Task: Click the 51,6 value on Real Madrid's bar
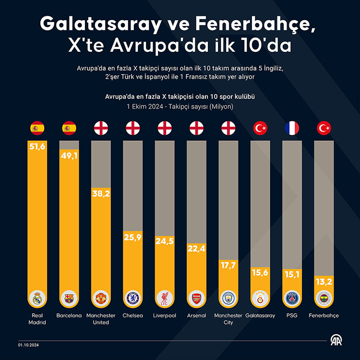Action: [37, 147]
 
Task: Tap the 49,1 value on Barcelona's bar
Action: [69, 156]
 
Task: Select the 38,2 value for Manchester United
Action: [101, 193]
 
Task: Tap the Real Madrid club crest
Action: [37, 299]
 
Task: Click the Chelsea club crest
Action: [132, 299]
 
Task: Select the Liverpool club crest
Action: [164, 299]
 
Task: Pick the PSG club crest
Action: [292, 299]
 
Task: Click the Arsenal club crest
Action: [196, 299]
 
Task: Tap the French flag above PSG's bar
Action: [292, 128]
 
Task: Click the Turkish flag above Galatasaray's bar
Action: [260, 128]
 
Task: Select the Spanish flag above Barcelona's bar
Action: [69, 128]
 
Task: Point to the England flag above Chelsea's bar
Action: [132, 128]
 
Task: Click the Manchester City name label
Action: [228, 319]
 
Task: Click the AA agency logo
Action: [336, 342]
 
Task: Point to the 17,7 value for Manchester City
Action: [228, 265]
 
